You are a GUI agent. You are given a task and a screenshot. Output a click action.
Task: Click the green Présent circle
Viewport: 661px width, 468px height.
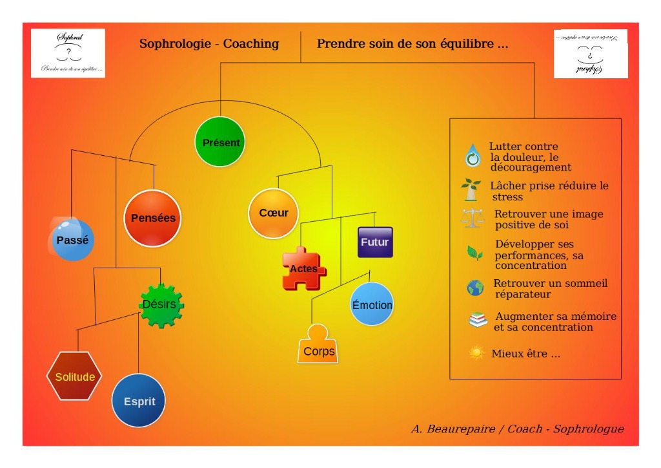pos(221,142)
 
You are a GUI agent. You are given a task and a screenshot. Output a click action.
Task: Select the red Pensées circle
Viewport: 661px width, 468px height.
pos(153,218)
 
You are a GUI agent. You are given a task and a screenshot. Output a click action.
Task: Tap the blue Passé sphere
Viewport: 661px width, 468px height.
pos(72,239)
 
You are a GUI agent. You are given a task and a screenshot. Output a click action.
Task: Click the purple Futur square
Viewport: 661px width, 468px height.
pos(375,242)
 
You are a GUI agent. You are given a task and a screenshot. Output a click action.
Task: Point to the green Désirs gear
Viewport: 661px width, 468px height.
pos(162,304)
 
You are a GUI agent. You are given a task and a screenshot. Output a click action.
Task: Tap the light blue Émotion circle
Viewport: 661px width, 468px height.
pos(372,304)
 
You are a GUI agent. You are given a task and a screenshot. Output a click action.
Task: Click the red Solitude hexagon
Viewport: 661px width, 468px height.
pos(74,376)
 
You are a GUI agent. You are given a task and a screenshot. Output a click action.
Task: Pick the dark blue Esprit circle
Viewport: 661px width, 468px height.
pos(139,401)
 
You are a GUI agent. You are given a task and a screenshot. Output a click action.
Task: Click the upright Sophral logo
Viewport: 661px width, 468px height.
pos(68,54)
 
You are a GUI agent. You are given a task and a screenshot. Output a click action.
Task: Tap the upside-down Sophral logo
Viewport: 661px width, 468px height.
pos(591,54)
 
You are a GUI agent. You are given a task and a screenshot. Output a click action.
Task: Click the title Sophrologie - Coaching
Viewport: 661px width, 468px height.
pos(209,44)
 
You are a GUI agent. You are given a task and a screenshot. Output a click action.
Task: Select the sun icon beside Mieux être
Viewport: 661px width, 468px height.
pos(476,353)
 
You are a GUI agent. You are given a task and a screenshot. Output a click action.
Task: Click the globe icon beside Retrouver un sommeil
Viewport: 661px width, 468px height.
pos(475,288)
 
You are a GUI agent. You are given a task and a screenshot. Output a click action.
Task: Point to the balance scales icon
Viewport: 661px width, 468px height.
pos(472,218)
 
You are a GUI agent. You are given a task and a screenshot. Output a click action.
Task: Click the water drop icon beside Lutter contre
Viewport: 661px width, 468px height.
pos(473,156)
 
